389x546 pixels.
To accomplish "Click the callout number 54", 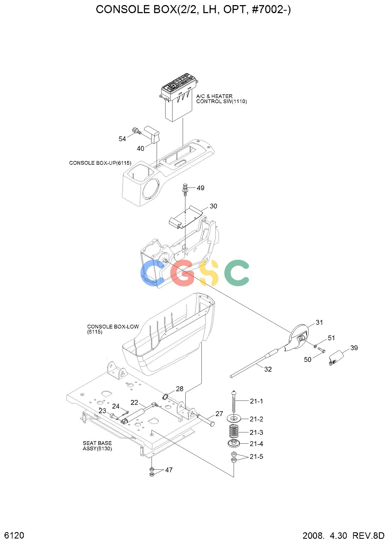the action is tap(122, 139).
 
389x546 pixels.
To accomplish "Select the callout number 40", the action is tap(141, 148).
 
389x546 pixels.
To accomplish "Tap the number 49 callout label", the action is tap(200, 188).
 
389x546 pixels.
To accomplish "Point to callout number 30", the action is tap(213, 206).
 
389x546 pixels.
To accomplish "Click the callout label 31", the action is tap(319, 322).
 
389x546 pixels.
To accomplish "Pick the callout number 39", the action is tap(354, 348).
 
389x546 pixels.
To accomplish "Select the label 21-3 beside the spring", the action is tap(256, 432).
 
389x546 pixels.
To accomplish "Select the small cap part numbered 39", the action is tap(336, 358).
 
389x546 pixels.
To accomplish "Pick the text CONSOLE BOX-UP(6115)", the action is tap(100, 163).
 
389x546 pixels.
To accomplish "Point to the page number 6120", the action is tap(14, 535).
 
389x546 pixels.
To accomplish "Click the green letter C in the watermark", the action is tap(237, 273).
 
